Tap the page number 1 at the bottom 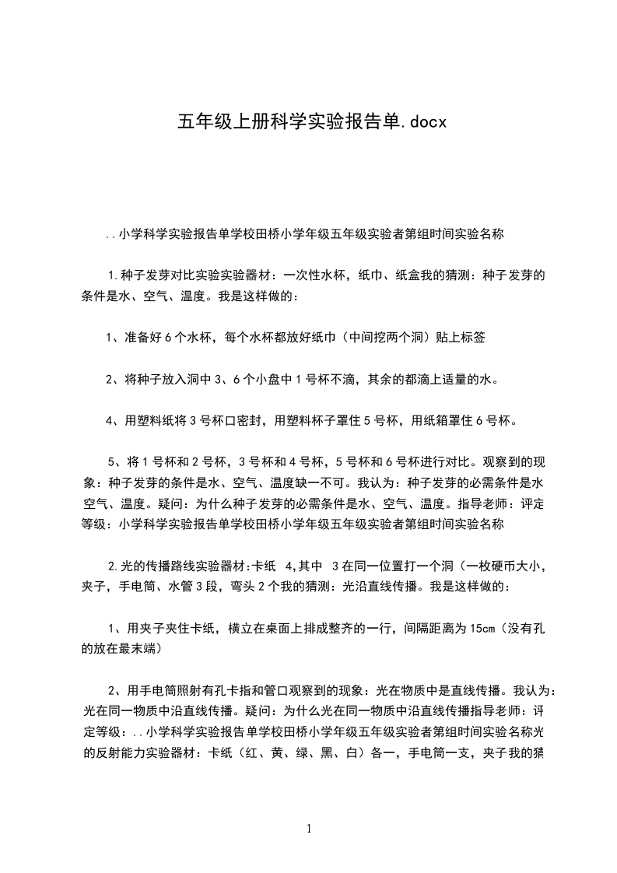point(309,829)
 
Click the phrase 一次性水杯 point(317,275)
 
